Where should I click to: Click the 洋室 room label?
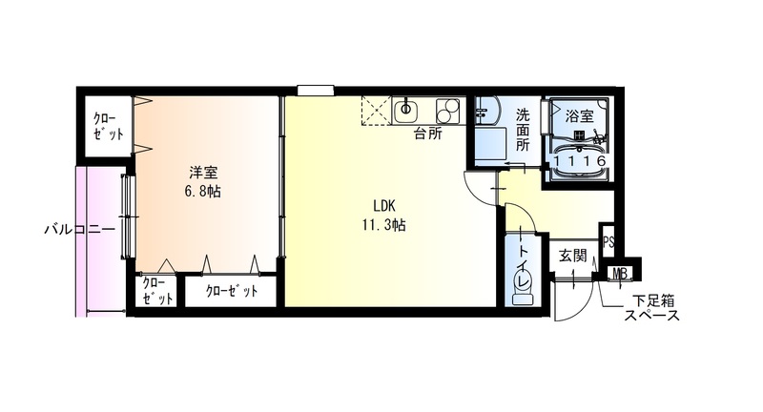(x=203, y=172)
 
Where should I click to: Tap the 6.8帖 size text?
(x=203, y=191)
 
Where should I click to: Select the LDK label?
(x=384, y=206)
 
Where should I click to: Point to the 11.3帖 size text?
(x=384, y=226)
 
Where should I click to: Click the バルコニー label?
(x=79, y=230)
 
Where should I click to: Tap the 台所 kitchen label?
(x=427, y=134)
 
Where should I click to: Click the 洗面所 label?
(x=524, y=131)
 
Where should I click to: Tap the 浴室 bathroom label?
(x=579, y=116)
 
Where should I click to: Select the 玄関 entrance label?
(x=572, y=255)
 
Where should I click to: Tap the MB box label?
(x=620, y=275)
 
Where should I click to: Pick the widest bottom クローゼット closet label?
(x=233, y=292)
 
